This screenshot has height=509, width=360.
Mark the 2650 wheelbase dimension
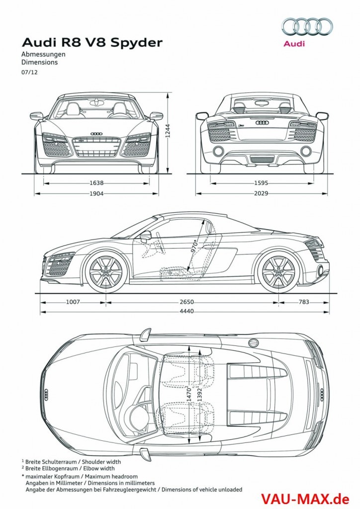click(x=186, y=302)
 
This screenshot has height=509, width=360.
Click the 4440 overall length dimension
click(x=186, y=312)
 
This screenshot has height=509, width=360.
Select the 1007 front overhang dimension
click(x=73, y=302)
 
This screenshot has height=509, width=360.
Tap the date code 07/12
click(x=29, y=73)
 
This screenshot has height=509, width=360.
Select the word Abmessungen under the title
click(x=44, y=54)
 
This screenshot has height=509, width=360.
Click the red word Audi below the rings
click(x=294, y=44)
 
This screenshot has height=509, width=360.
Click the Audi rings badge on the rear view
click(x=262, y=122)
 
